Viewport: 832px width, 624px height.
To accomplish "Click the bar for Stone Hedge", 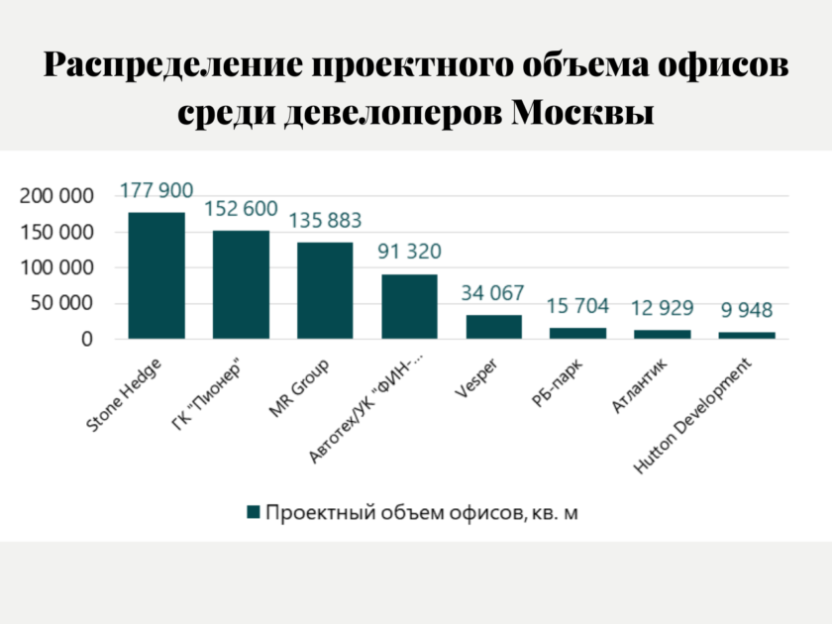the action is pos(156,275).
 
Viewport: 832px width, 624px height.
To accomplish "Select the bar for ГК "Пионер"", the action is pos(241,284).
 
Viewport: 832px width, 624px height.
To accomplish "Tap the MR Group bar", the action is pos(325,290).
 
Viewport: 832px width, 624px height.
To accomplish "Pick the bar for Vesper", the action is pos(494,327).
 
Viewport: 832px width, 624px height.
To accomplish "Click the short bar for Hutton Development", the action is pos(747,336).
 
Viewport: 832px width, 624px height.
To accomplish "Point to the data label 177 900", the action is pos(156,190).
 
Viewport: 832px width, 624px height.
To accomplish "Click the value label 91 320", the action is pos(409,251).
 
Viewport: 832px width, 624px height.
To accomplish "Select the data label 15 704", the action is pos(577,306).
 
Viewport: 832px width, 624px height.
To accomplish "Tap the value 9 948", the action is pos(747,310).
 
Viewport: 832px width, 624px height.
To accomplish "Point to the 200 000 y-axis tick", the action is pos(56,196).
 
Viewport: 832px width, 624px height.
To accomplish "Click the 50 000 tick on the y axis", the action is pos(61,303).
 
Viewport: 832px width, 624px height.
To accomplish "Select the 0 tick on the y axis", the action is pos(87,339).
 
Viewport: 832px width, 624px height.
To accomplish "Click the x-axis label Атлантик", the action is pos(640,385).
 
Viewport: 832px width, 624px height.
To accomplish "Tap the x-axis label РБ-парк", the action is pos(557,382).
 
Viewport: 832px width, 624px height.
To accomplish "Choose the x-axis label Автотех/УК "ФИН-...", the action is pos(366,407).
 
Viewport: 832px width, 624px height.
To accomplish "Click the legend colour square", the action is pos(254,512).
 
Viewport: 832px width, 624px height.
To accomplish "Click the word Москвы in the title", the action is pos(582,112).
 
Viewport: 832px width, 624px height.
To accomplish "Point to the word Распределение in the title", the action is pos(173,65).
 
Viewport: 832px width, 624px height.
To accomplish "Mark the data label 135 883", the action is pos(325,220).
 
